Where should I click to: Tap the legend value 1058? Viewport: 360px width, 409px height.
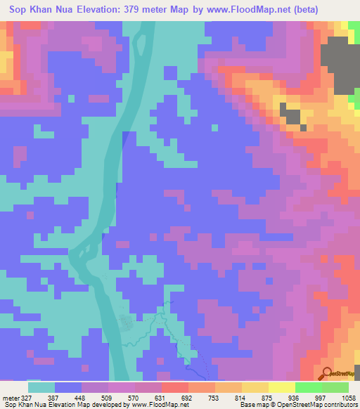tap(347, 397)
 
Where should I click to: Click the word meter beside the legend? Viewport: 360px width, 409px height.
tap(11, 397)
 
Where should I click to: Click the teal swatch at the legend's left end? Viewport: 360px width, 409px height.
tap(41, 387)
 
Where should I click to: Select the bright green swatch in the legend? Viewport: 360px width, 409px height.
tap(309, 387)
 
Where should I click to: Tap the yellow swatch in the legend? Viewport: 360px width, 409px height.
tap(282, 387)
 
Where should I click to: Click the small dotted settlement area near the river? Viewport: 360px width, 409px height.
tap(127, 324)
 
